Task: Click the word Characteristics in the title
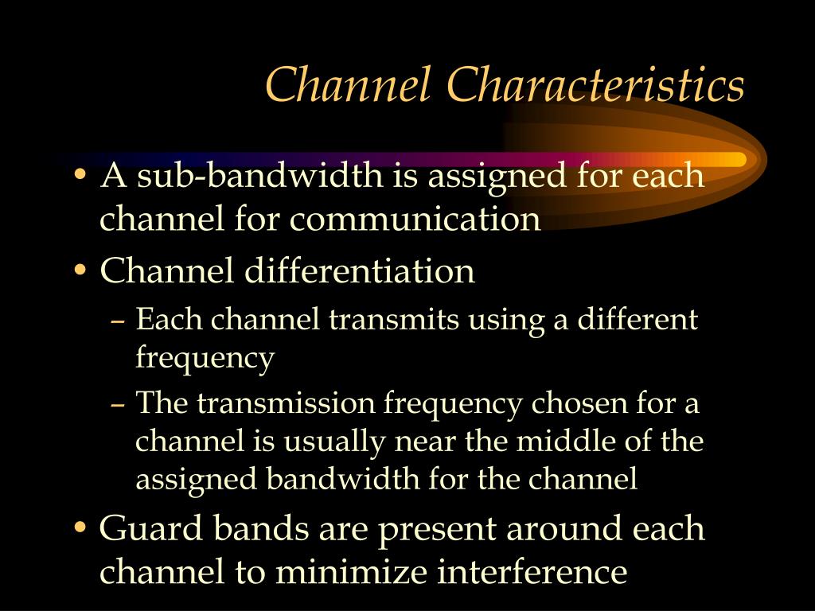595,84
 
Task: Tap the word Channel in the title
349,84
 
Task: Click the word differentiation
359,270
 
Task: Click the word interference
532,571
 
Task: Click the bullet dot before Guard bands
80,528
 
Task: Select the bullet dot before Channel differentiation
80,270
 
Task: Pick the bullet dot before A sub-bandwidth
80,174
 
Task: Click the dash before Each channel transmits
118,322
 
